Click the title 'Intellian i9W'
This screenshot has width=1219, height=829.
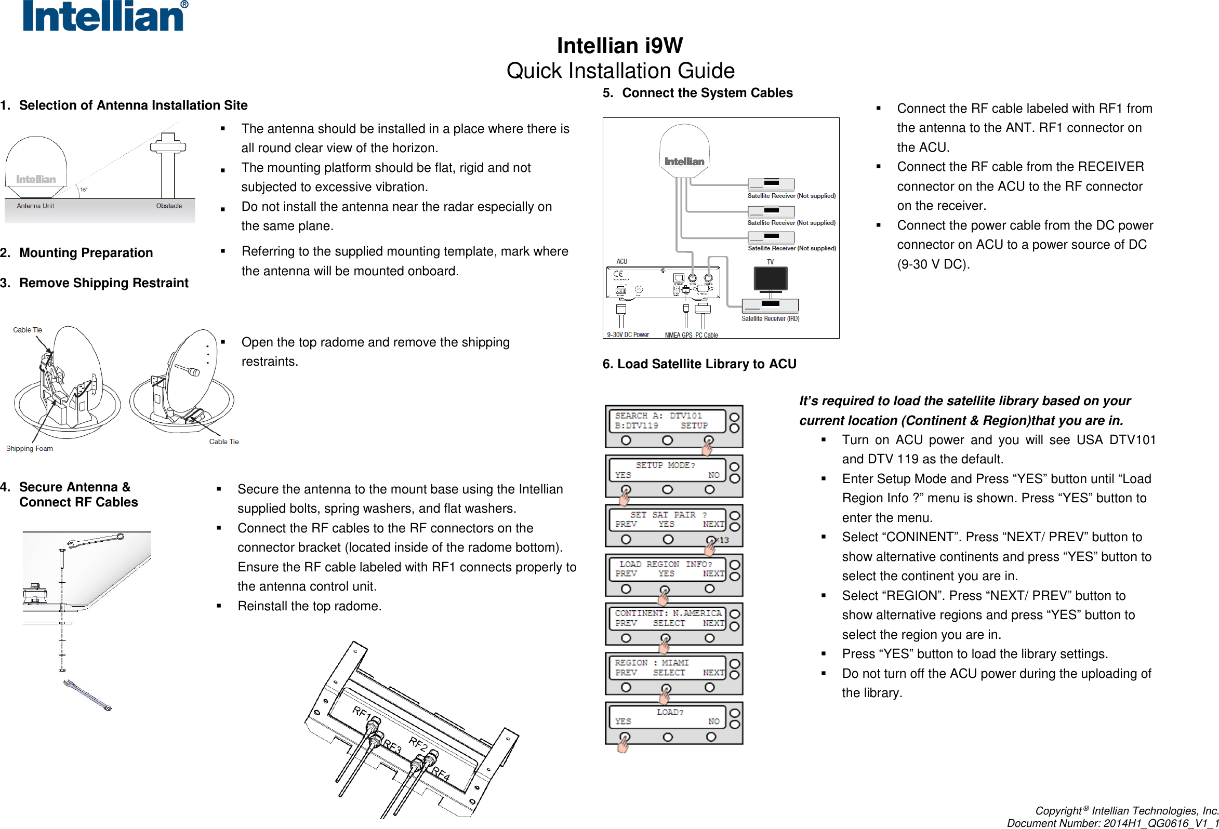point(619,45)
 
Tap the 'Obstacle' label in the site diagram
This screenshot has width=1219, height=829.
point(169,206)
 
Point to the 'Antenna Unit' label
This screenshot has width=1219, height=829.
point(35,206)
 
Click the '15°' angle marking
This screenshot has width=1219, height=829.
point(84,189)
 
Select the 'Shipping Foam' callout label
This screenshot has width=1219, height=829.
point(30,448)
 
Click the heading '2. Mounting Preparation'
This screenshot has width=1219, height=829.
point(76,253)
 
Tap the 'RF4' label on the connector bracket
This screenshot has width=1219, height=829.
point(441,774)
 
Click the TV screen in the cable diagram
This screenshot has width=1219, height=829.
point(770,278)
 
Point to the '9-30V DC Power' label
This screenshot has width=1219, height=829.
point(628,335)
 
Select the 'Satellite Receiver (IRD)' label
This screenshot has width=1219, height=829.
point(770,318)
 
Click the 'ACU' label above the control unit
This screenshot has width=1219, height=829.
point(621,261)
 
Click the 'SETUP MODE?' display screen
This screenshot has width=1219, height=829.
point(667,470)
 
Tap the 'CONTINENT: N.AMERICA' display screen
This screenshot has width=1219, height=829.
point(668,618)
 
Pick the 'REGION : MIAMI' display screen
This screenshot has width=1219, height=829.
point(668,667)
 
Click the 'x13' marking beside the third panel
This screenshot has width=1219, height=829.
point(722,540)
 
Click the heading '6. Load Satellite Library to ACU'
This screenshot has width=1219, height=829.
point(699,364)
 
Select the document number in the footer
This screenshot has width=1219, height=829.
point(1112,823)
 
